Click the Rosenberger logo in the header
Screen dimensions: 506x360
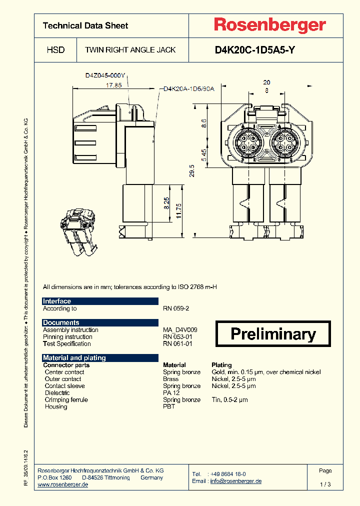coord(270,25)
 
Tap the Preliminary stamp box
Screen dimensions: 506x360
coord(273,334)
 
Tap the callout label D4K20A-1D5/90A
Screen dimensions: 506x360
coord(189,89)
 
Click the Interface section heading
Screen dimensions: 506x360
coord(57,301)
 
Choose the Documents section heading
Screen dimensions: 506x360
coord(61,322)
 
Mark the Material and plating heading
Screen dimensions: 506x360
coord(74,357)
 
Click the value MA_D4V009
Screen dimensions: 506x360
coord(180,330)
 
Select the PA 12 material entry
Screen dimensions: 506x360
coord(172,393)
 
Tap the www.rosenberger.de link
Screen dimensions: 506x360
coord(63,484)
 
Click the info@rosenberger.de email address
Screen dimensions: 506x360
coord(236,481)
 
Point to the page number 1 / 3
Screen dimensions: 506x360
coord(325,484)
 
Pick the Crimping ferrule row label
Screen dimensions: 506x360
coord(66,399)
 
